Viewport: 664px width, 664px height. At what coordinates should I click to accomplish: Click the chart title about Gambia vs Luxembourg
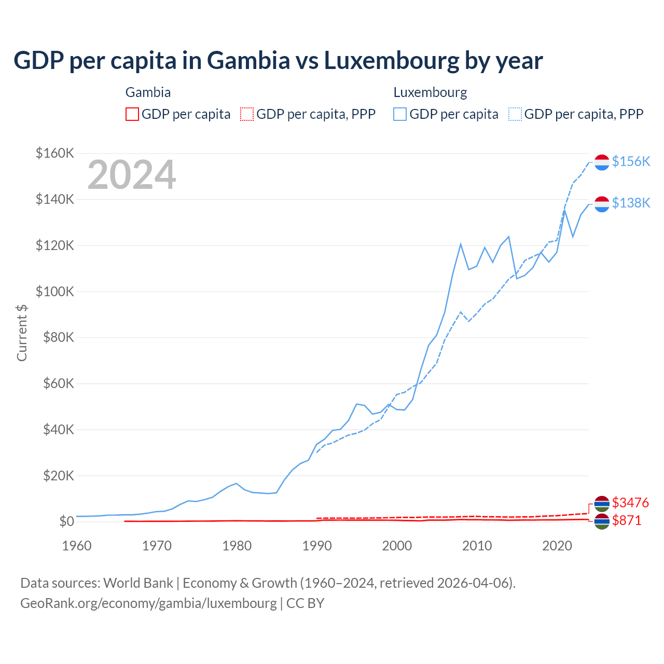278,61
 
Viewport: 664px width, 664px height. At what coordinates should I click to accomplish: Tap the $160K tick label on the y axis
55,154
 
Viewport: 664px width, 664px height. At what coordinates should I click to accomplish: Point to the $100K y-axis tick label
55,292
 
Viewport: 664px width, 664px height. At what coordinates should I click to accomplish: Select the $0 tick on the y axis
66,521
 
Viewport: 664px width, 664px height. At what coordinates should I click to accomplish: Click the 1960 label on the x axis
76,546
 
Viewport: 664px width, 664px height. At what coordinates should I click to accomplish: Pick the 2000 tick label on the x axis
397,546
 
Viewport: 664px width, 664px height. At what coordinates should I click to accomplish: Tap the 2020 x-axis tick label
557,546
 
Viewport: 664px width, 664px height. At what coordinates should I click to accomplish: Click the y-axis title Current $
22,333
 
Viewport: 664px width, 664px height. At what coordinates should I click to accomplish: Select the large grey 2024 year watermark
132,175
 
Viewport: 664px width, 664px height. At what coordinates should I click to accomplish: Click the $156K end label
631,161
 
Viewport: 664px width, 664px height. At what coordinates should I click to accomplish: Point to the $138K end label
631,203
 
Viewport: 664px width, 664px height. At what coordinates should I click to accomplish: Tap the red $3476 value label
630,503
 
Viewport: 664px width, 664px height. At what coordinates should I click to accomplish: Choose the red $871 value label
627,520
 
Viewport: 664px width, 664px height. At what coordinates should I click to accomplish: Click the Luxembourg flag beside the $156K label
602,162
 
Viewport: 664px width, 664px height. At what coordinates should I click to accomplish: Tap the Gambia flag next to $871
602,521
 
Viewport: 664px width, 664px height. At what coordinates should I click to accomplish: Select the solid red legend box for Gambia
132,114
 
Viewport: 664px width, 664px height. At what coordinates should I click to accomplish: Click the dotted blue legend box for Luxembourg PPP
515,114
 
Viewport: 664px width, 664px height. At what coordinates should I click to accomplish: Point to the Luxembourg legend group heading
430,92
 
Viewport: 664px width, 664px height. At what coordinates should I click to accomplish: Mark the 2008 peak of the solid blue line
461,244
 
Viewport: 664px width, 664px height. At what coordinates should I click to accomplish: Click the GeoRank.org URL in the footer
148,603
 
